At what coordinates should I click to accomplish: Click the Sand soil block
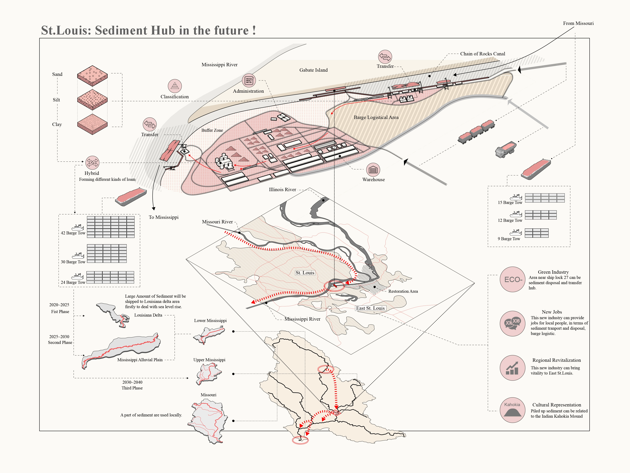pos(92,75)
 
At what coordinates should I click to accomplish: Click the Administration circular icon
pos(249,80)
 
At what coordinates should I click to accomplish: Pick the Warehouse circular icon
pos(373,170)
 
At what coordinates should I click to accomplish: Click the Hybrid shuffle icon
pos(92,163)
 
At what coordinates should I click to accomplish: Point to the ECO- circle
pos(513,279)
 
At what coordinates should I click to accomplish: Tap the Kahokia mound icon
pos(512,410)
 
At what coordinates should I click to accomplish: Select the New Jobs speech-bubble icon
pos(512,323)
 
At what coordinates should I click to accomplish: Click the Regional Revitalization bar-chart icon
pos(512,368)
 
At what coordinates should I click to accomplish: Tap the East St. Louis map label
pos(370,308)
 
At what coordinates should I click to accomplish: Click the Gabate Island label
pos(313,70)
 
